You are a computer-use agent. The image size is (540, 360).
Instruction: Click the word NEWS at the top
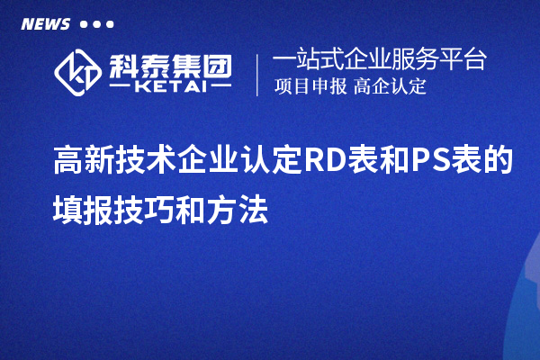(45, 23)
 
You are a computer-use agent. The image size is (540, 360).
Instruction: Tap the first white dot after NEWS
(84, 24)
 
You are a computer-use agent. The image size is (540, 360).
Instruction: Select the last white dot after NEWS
(110, 24)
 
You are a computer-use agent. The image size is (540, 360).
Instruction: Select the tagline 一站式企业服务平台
(380, 61)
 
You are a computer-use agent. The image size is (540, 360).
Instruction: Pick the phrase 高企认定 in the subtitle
(390, 87)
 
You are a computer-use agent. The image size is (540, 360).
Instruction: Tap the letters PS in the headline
(431, 163)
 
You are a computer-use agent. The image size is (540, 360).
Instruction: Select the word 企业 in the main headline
(208, 163)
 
